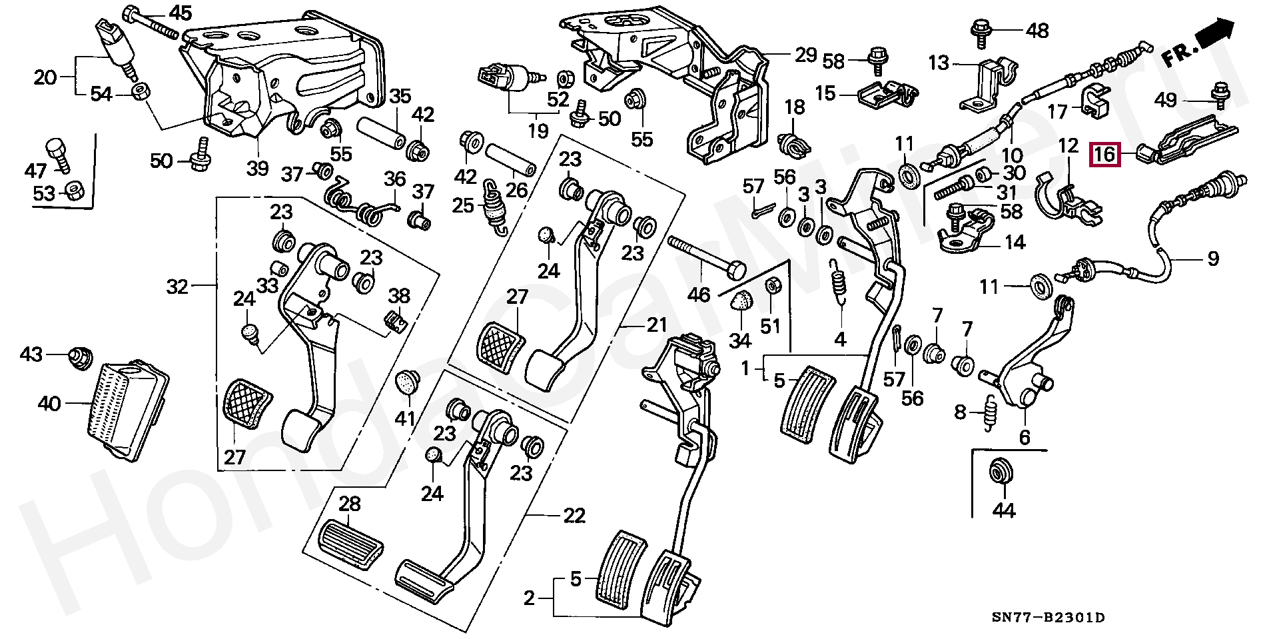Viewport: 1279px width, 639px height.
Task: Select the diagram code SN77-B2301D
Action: coord(1048,618)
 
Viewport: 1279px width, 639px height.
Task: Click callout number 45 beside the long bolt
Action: coord(180,13)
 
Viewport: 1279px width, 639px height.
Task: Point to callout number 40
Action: coord(49,403)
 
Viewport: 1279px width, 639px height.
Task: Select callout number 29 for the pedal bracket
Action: coord(805,55)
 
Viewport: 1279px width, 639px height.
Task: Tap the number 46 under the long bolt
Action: coord(698,294)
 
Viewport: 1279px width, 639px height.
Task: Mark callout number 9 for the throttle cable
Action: coord(1212,259)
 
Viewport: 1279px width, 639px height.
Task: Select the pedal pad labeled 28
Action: coord(350,538)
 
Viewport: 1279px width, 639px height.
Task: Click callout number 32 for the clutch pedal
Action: coord(177,287)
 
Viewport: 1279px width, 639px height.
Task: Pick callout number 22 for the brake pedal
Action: coord(574,515)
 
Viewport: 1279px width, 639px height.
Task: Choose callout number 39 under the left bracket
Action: coord(257,168)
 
